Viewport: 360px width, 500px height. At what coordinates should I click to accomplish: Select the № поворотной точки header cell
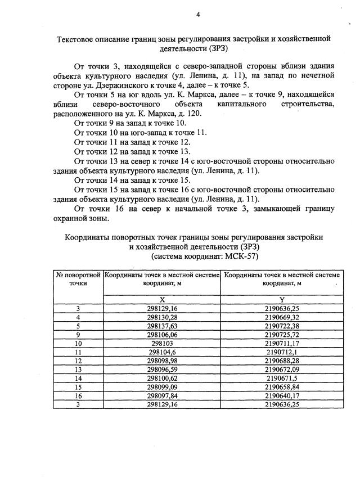click(78, 280)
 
